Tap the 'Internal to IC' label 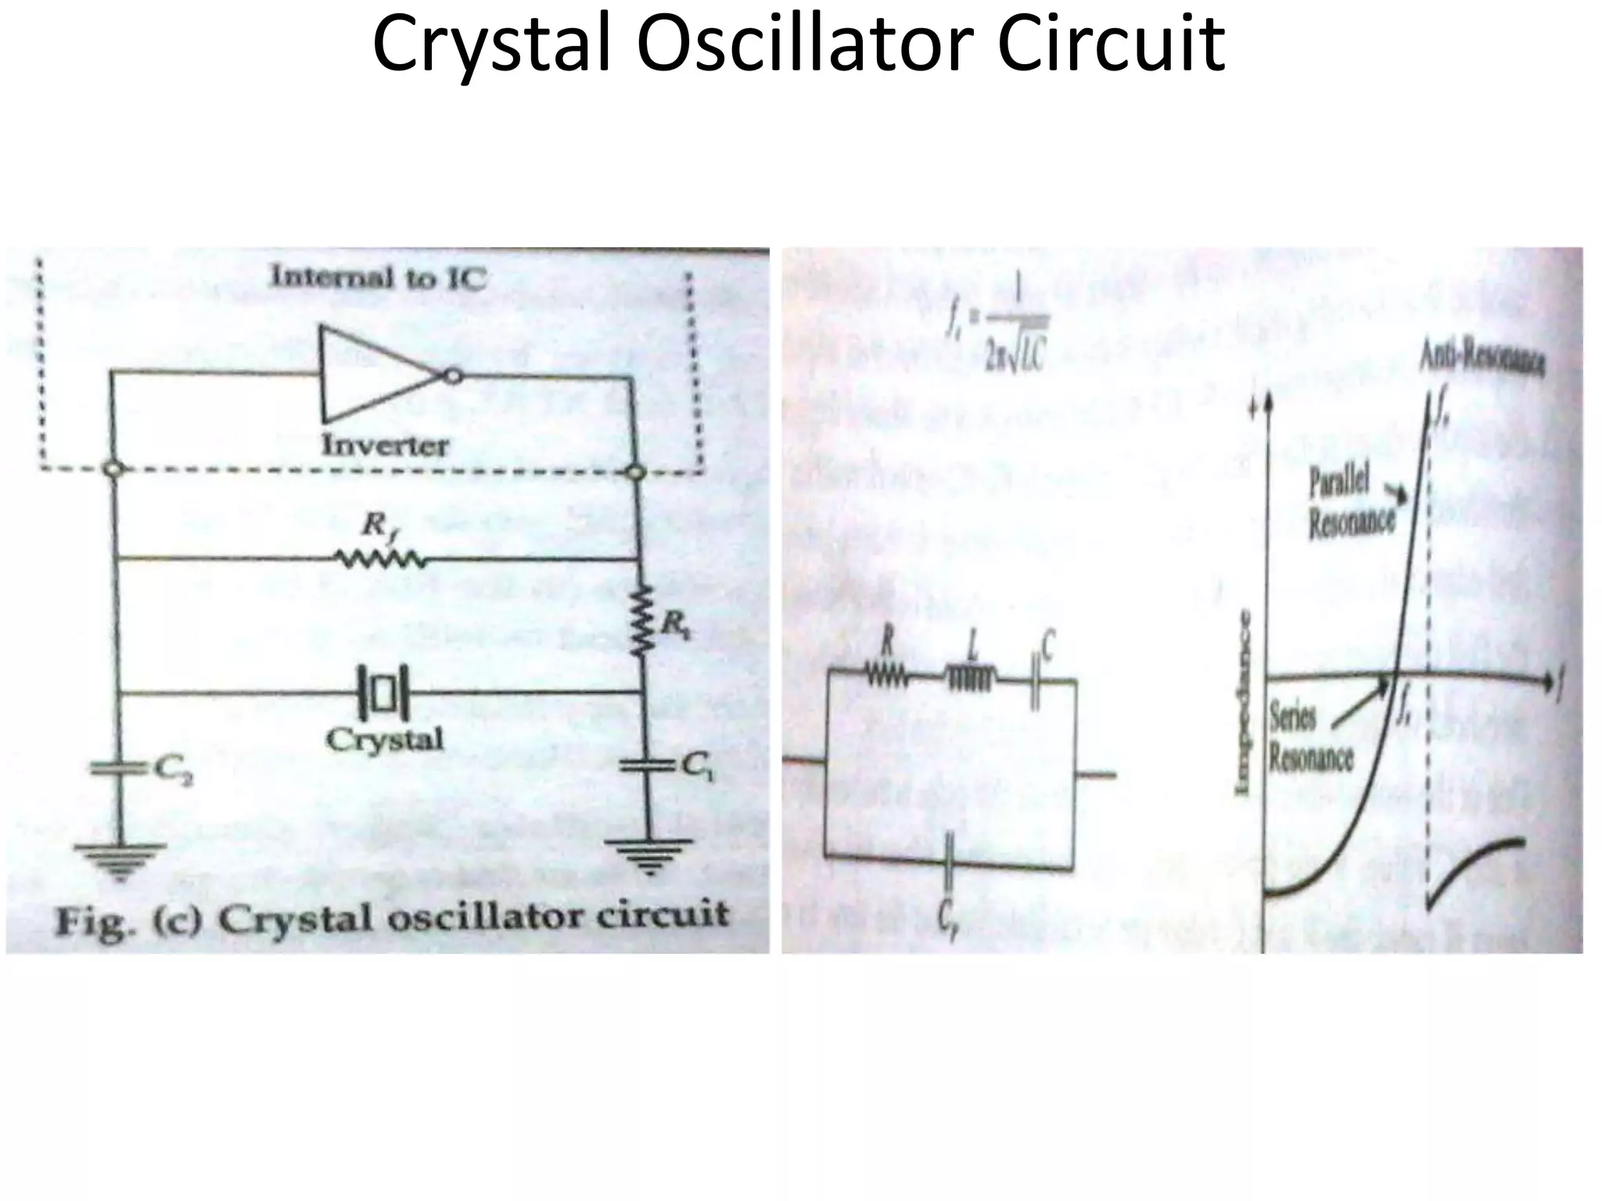[x=377, y=278]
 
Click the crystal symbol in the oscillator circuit [x=383, y=693]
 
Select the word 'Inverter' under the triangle [x=386, y=445]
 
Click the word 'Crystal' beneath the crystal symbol [x=384, y=739]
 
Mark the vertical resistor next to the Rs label [x=642, y=621]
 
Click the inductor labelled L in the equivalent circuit [x=971, y=678]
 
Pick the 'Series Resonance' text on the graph [x=1309, y=738]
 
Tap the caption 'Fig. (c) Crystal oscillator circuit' [x=391, y=917]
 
